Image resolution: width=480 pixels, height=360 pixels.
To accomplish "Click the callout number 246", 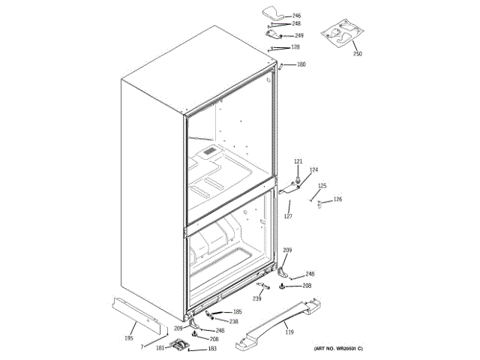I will coord(296,16).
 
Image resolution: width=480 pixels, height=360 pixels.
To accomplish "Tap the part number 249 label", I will coord(298,35).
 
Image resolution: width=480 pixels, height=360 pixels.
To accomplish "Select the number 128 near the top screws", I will coord(295,47).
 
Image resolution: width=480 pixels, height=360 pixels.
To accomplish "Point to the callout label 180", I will coord(301,64).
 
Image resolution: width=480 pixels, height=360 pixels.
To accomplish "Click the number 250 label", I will coord(357,54).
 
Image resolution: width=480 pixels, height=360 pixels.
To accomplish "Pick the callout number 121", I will coord(298,162).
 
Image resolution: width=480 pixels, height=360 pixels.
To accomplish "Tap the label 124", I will coord(313,169).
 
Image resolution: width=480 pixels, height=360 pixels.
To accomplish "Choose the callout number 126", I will coord(337,199).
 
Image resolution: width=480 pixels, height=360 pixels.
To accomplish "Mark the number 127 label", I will coord(287,217).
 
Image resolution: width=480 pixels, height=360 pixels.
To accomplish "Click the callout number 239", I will coord(256,298).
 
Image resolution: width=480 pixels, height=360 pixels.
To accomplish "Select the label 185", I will coord(237,311).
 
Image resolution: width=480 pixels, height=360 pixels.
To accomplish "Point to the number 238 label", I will coord(233,321).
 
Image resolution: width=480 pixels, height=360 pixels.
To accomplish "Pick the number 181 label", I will coord(160,348).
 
